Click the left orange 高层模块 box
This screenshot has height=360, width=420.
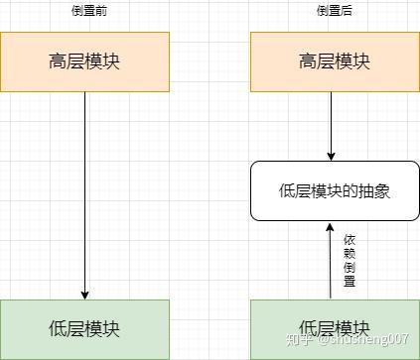point(84,61)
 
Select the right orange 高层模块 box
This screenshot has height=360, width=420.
point(334,61)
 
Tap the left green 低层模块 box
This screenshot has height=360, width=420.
point(84,328)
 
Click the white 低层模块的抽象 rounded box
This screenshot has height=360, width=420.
point(334,190)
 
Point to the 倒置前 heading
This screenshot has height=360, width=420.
point(84,10)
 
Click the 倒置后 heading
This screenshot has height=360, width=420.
point(334,10)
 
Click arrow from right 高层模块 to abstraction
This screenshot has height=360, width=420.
point(331,124)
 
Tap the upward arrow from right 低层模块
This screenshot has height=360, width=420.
point(331,263)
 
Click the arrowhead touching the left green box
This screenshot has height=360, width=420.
point(84,294)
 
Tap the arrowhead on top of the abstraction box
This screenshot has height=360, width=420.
point(331,155)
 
